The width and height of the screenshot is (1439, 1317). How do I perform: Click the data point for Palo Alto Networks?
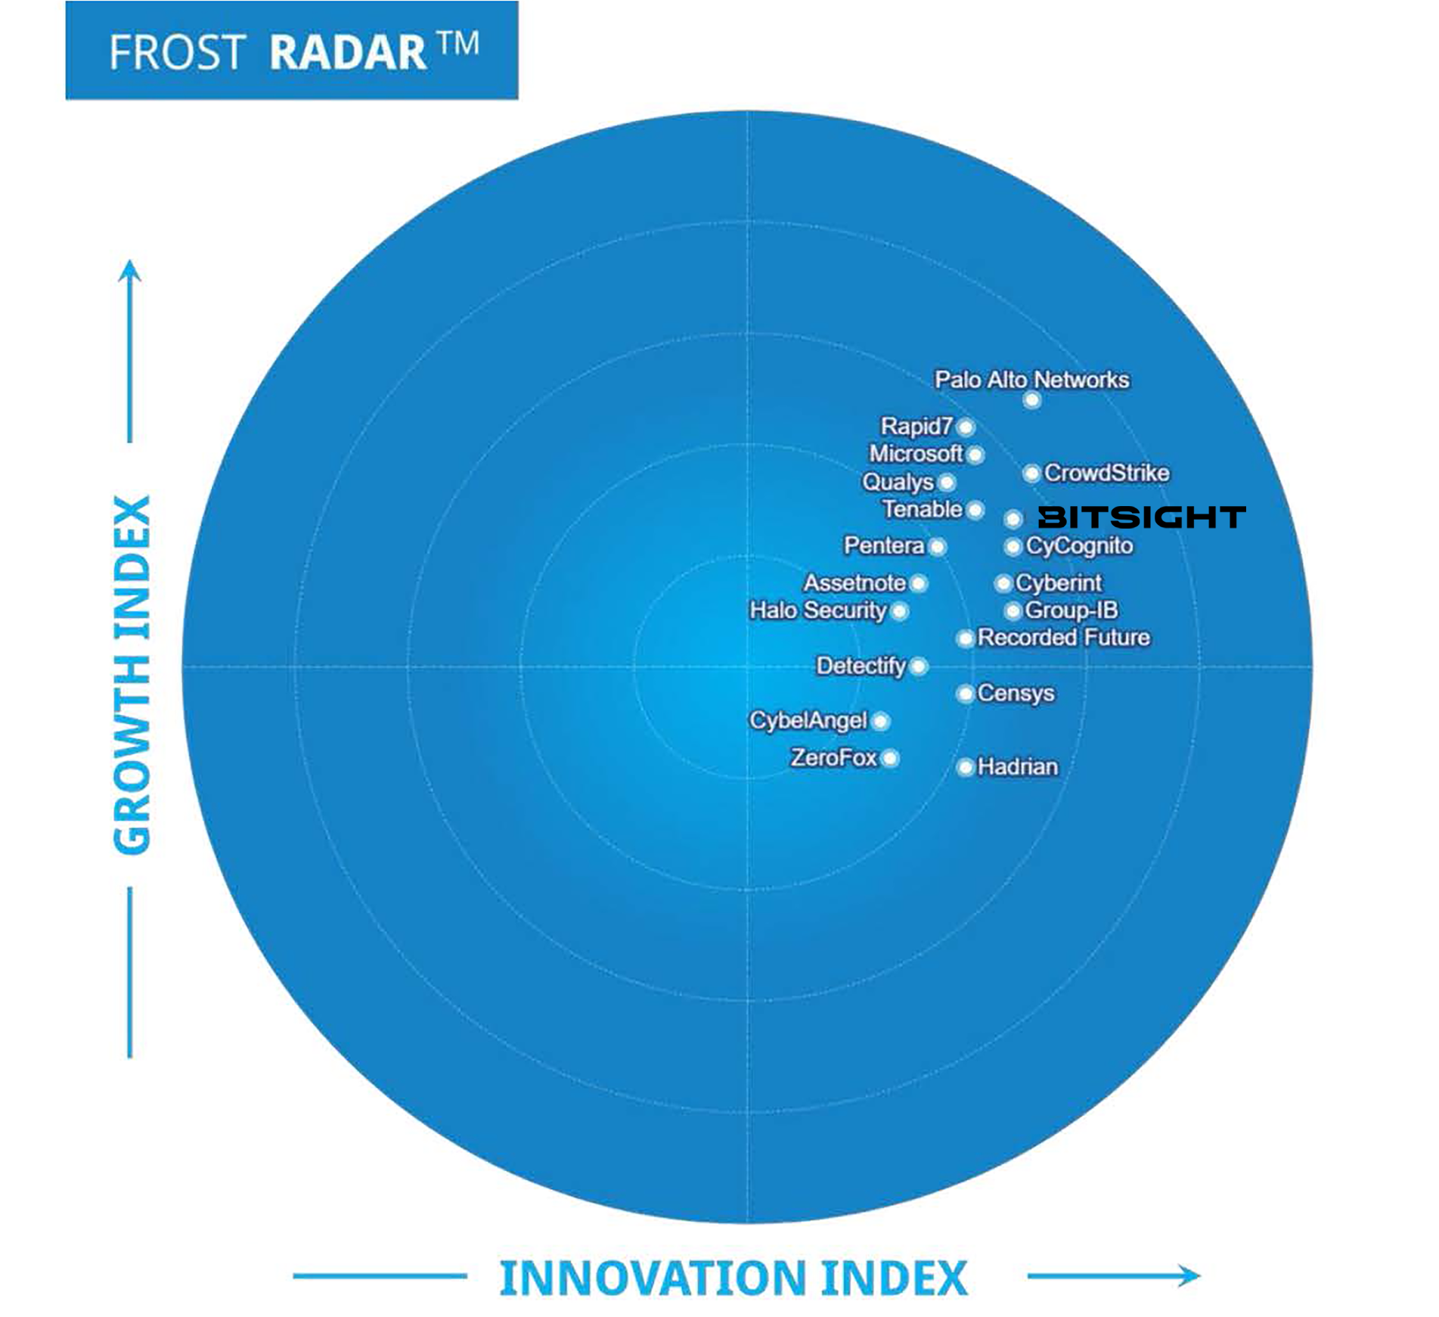(1031, 399)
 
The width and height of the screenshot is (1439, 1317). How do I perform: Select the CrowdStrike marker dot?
(1031, 474)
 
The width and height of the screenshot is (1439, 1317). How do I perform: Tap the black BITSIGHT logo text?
(1141, 517)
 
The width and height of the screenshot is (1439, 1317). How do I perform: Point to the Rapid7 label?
(916, 427)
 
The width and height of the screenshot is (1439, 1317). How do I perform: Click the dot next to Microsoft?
(975, 455)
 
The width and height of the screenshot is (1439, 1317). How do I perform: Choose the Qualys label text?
(898, 482)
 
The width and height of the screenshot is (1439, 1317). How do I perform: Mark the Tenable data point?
(975, 510)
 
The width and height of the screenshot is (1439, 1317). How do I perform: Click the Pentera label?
(883, 545)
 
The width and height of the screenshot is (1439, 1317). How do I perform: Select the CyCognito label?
(1079, 546)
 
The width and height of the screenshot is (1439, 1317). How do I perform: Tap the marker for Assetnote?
(918, 583)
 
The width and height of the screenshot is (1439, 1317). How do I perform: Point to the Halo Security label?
(817, 610)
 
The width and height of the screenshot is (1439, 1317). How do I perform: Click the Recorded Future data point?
(965, 638)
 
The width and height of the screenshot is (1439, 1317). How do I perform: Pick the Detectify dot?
(918, 666)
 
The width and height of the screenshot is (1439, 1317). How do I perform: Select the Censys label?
(1016, 694)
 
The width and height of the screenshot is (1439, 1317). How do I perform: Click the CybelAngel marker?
(880, 721)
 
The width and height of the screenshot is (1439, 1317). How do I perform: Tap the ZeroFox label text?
(833, 757)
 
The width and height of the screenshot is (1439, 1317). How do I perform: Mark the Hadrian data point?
(965, 768)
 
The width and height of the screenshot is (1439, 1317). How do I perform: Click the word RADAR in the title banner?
(348, 52)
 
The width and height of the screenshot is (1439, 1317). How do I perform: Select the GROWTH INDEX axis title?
(132, 675)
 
